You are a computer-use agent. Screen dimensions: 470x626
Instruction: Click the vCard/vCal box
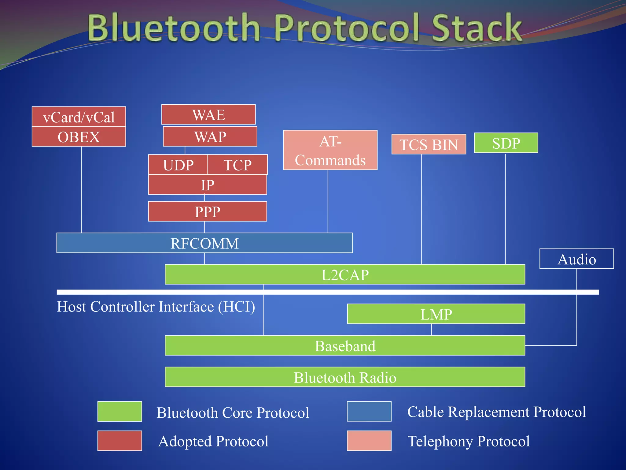point(79,117)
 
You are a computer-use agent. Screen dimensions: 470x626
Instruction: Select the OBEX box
point(79,136)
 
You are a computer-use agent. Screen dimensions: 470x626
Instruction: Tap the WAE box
point(208,114)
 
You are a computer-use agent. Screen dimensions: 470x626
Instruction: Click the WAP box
point(210,136)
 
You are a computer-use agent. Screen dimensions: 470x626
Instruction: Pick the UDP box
point(178,165)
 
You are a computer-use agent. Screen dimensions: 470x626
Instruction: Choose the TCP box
point(238,165)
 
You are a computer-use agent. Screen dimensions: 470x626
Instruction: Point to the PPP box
point(208,211)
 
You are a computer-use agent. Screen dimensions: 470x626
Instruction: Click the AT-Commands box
point(330,150)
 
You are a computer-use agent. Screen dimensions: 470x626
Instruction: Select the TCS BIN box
point(429,144)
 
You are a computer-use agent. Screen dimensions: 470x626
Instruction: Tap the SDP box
point(506,143)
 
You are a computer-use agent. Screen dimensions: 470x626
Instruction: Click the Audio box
point(576,259)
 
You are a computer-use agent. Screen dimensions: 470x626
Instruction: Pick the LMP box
point(436,314)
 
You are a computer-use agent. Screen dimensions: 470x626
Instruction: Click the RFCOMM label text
point(204,243)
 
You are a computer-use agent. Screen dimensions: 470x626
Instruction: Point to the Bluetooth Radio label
point(345,377)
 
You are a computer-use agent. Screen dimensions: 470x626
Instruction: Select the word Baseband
point(345,346)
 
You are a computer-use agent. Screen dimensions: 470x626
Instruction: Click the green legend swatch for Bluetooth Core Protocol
point(120,411)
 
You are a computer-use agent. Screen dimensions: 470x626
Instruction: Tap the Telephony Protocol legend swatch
point(369,441)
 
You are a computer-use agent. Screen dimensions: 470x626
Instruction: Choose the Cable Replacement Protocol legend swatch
point(369,411)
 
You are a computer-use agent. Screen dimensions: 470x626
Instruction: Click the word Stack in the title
point(477,28)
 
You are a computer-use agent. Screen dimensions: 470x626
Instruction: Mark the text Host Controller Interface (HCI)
point(156,307)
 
